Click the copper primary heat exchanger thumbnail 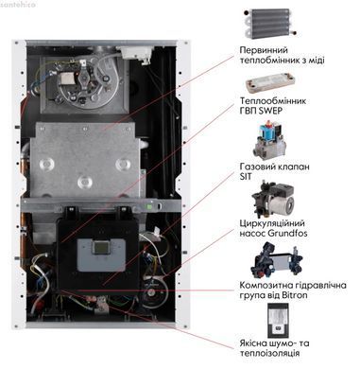pyautogui.click(x=270, y=24)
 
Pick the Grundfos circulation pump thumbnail pyautogui.click(x=273, y=200)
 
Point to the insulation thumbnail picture pyautogui.click(x=278, y=321)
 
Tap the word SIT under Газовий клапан pyautogui.click(x=246, y=176)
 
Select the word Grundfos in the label pyautogui.click(x=286, y=234)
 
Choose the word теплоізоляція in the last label pyautogui.click(x=269, y=353)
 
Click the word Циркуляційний pyautogui.click(x=272, y=223)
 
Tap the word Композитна pyautogui.click(x=263, y=285)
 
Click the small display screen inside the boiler pyautogui.click(x=100, y=249)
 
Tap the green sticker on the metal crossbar pyautogui.click(x=149, y=207)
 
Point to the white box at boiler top pyautogui.click(x=135, y=52)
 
